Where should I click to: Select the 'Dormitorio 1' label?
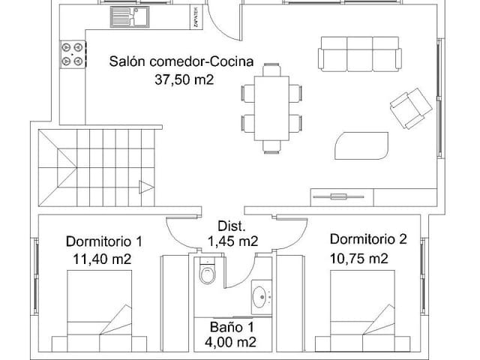(x=103, y=241)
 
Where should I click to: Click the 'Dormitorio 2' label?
(x=368, y=240)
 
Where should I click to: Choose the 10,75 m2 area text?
(x=358, y=259)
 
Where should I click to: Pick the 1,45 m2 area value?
(x=232, y=241)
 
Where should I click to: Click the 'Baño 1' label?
(x=232, y=327)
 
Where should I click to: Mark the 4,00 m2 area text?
(x=232, y=343)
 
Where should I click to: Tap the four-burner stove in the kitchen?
(x=72, y=54)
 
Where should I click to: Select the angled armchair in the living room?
(x=409, y=106)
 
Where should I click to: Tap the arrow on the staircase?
(x=145, y=187)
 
